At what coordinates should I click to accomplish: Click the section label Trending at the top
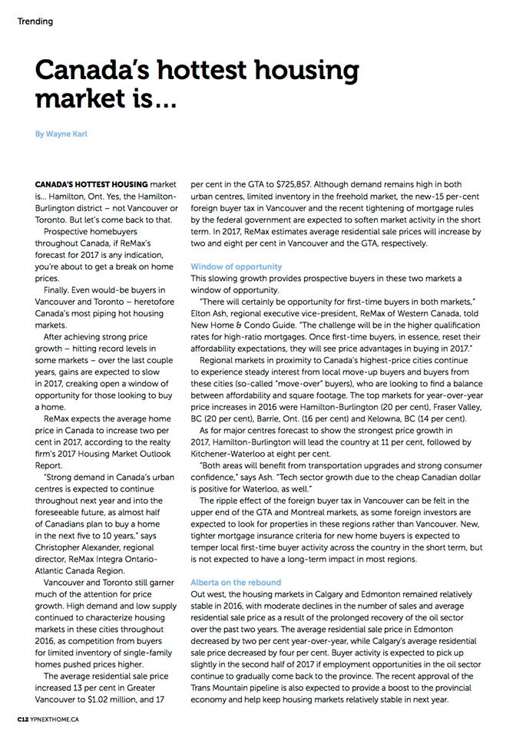point(35,21)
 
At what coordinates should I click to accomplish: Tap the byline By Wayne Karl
point(62,134)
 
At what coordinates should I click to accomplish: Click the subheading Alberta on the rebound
point(236,583)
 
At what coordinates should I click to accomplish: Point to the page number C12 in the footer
point(24,719)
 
